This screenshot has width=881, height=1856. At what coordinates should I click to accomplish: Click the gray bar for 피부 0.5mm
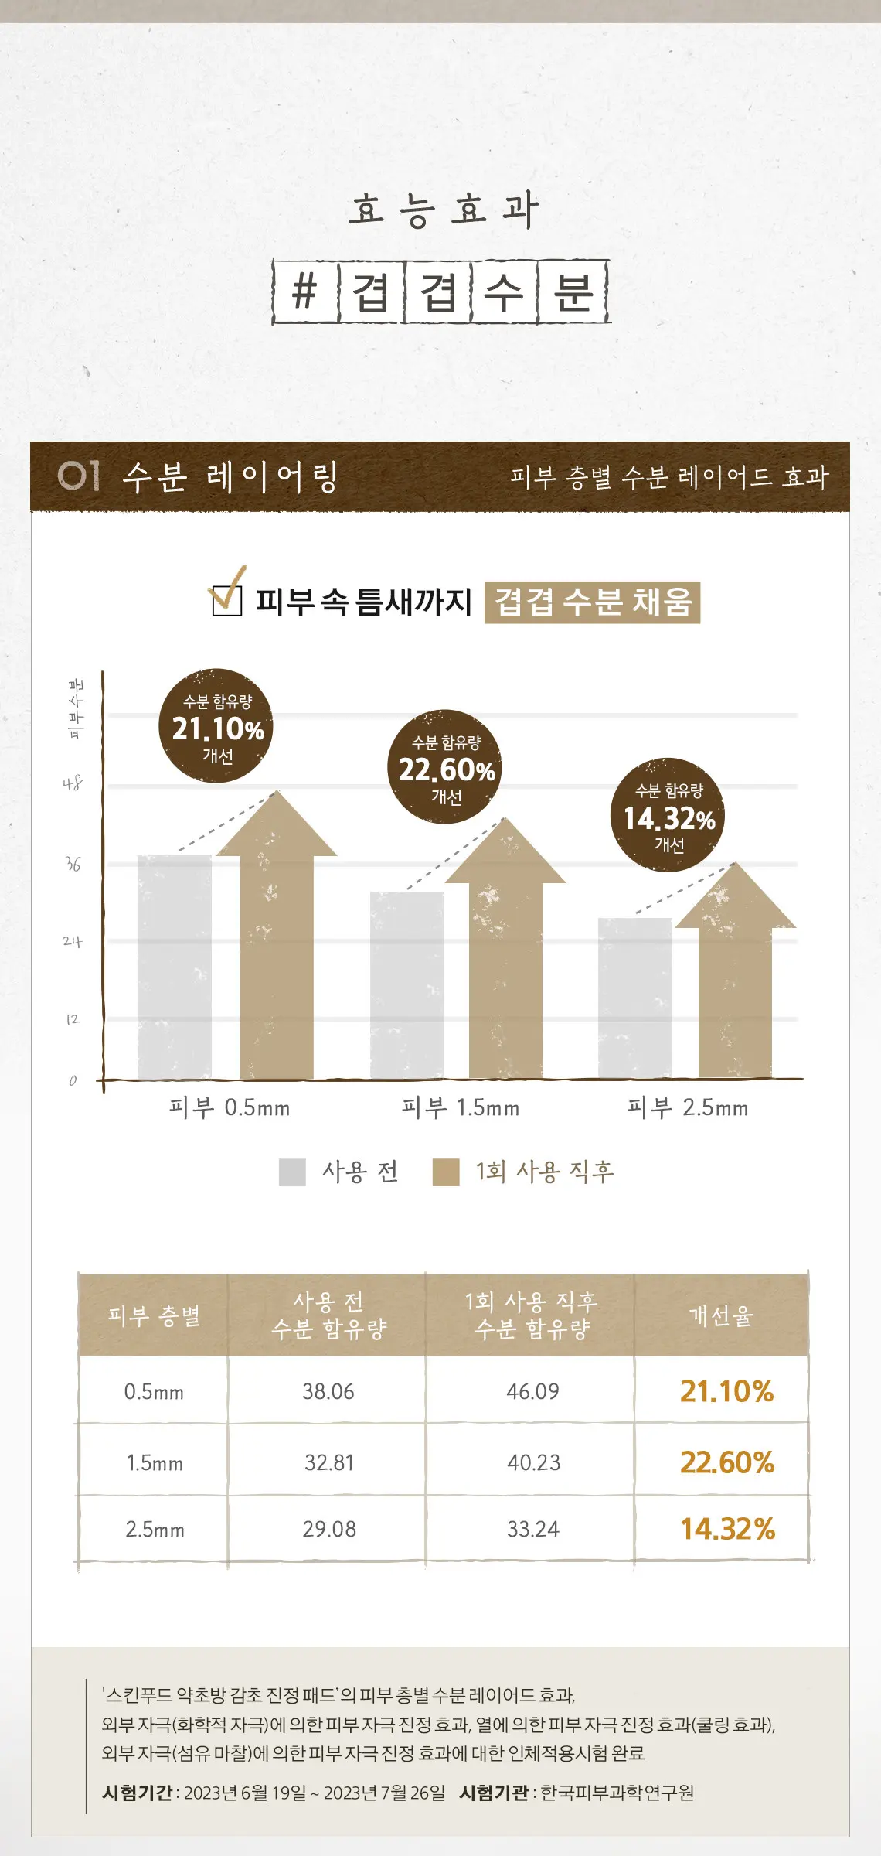(x=175, y=967)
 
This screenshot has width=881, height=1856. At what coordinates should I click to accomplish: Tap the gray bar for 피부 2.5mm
(x=634, y=998)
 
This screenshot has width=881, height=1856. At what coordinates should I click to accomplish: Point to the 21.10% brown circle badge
(x=216, y=725)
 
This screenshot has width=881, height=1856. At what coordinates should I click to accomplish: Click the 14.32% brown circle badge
(x=669, y=815)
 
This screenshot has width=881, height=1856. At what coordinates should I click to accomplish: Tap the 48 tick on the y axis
(x=73, y=783)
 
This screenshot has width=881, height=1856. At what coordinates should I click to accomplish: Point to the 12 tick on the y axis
(x=73, y=1019)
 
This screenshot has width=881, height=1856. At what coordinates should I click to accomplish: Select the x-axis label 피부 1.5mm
(x=461, y=1107)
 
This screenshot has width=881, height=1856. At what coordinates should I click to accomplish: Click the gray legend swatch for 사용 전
(x=292, y=1172)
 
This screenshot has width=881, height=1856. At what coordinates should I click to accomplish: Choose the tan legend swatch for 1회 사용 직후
(x=446, y=1172)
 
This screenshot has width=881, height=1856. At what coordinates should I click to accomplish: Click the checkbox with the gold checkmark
(x=227, y=597)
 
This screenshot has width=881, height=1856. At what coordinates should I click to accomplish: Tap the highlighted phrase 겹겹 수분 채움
(x=592, y=602)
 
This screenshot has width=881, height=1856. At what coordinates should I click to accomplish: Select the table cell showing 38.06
(x=328, y=1391)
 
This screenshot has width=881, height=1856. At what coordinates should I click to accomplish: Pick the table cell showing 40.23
(x=533, y=1462)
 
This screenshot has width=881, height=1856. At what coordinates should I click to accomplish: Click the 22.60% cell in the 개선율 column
(x=727, y=1462)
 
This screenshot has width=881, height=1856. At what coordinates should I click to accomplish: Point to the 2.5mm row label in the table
(x=155, y=1529)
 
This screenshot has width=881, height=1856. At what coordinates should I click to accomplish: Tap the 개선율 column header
(x=721, y=1315)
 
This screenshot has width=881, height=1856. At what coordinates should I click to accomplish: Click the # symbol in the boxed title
(x=305, y=292)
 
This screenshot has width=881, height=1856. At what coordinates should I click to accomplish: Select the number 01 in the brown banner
(x=80, y=476)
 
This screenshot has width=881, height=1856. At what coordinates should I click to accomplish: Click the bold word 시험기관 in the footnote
(x=493, y=1793)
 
